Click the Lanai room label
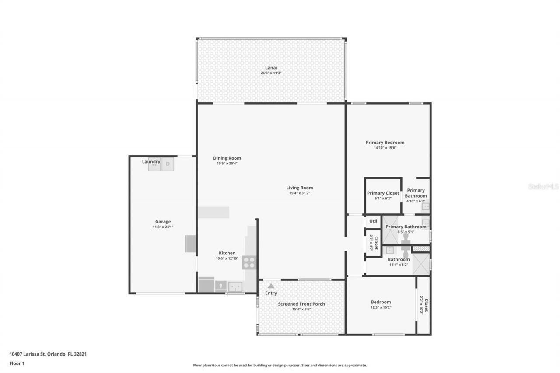point(271,67)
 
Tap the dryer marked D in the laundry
point(168,164)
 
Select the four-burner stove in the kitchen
point(249,262)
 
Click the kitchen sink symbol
point(235,286)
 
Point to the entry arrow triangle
point(271,286)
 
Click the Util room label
point(373,221)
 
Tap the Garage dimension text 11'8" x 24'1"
point(163,227)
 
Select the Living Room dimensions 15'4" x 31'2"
point(300,193)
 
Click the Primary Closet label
point(383,193)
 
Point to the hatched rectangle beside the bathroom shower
point(421,249)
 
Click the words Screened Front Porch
point(301,304)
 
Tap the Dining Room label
point(227,158)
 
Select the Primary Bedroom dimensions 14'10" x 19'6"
point(385,148)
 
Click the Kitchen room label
point(227,253)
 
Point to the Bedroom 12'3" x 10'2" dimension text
point(381,307)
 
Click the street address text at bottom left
point(48,354)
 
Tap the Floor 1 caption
point(17,363)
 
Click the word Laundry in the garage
point(151,162)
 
